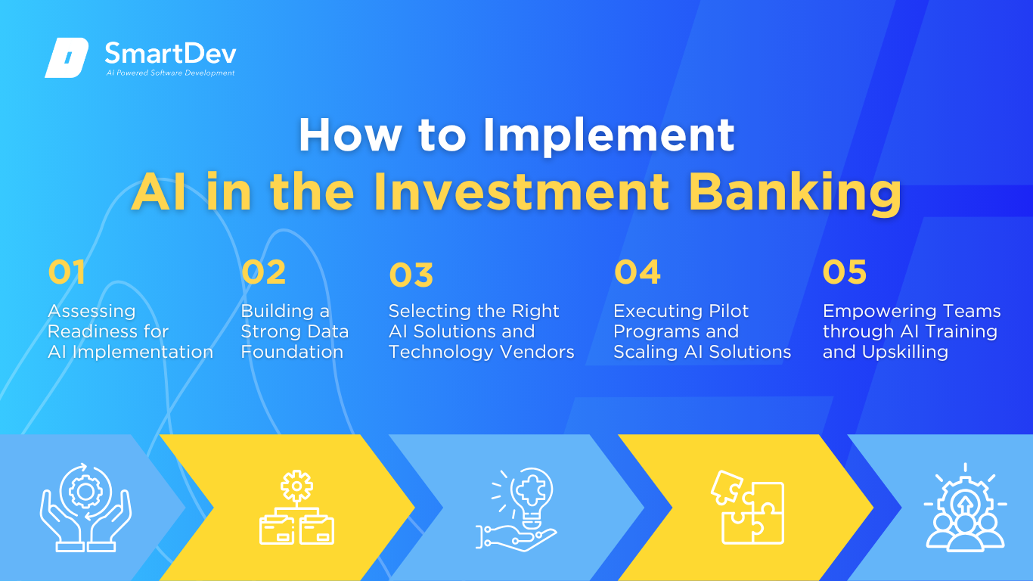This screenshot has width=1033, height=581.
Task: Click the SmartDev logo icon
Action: (x=67, y=57)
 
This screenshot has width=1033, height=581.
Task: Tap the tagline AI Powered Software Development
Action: (x=171, y=73)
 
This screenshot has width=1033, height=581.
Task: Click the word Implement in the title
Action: (x=609, y=135)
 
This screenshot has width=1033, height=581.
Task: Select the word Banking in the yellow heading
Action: (x=795, y=192)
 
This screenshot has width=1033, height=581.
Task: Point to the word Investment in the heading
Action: (x=521, y=191)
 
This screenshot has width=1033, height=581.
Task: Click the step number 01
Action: (x=67, y=272)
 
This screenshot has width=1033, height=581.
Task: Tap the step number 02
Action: (x=264, y=272)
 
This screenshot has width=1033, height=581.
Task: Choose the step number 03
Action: (x=411, y=275)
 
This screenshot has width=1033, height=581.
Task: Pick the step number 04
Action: (x=637, y=272)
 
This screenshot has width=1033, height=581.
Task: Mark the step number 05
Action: (x=845, y=272)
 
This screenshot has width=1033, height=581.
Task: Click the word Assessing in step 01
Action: (x=92, y=312)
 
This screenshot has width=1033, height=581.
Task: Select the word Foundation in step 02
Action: (x=292, y=352)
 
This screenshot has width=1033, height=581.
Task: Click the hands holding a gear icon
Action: (x=85, y=508)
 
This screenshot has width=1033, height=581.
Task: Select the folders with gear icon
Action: (x=297, y=508)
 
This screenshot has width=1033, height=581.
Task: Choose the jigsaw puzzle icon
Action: (x=748, y=508)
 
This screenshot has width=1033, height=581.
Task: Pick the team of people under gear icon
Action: (x=965, y=508)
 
